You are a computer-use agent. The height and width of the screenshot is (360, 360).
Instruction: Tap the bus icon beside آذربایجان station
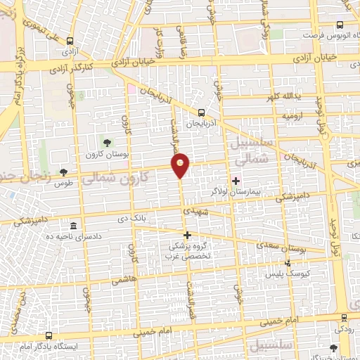click(202, 112)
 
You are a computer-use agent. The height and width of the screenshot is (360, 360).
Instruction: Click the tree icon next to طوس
click(63, 172)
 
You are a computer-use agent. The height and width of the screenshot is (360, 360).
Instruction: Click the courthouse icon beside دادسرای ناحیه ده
click(74, 226)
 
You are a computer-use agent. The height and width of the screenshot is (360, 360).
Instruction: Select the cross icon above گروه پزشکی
click(187, 235)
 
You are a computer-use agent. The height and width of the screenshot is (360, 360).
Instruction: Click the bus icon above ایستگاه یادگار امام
click(49, 335)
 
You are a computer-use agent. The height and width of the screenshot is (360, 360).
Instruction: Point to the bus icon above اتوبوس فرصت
click(340, 25)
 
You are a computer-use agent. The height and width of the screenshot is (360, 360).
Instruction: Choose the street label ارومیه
click(292, 113)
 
